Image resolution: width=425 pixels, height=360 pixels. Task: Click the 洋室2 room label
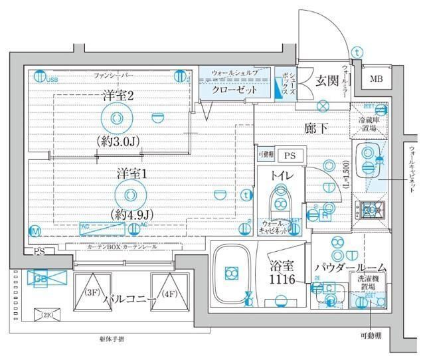pos(118,96)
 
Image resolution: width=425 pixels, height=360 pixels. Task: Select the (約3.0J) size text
pos(118,141)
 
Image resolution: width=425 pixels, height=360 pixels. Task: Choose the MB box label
pos(377,80)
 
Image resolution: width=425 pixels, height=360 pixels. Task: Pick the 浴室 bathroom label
pos(282,268)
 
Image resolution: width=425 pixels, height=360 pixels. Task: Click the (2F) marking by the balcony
pos(48,314)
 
